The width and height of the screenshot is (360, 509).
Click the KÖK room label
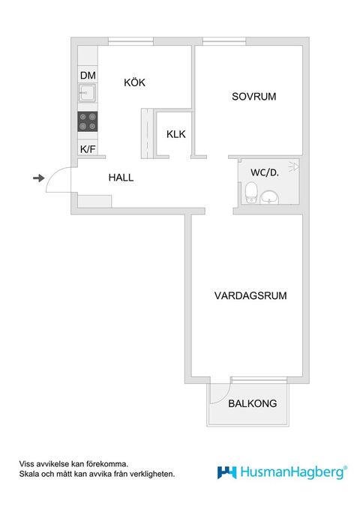[135, 82]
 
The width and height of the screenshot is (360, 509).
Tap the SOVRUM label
[254, 97]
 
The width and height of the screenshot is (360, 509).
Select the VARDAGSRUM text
[250, 295]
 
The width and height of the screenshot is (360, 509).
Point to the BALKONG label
[253, 403]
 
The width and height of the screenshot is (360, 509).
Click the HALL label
[121, 178]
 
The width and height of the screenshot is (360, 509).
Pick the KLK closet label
[176, 135]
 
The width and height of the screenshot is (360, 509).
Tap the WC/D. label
[265, 172]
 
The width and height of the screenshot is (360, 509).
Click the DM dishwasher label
[88, 75]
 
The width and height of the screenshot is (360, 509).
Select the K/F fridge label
[88, 148]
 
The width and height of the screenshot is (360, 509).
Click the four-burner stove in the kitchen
[88, 121]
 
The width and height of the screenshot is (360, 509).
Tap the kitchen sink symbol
[87, 94]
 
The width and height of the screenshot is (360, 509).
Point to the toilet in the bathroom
[251, 193]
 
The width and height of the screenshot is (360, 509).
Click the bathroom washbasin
[270, 197]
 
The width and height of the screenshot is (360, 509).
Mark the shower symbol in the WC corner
[293, 166]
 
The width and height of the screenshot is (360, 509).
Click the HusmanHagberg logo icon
[227, 472]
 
